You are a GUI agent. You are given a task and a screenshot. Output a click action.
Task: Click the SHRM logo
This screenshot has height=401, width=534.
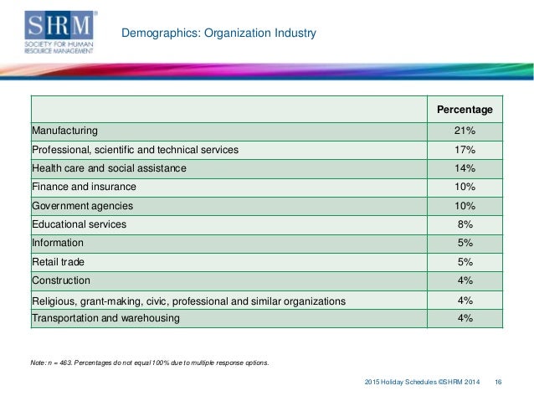pos(60,32)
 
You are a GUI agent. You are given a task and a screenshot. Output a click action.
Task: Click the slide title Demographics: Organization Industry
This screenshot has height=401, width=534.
pos(218,33)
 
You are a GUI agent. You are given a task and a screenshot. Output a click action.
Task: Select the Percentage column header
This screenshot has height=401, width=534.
pos(465,110)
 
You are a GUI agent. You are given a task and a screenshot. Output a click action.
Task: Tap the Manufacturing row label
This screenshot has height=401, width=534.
pos(64,131)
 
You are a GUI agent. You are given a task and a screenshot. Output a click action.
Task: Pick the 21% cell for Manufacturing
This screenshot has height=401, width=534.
pos(465,131)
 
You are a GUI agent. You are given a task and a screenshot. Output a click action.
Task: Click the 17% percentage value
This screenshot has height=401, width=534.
pos(465,150)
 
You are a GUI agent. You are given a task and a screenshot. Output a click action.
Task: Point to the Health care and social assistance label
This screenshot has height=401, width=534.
pos(109,168)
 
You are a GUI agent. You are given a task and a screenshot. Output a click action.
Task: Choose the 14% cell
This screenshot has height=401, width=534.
pos(465,168)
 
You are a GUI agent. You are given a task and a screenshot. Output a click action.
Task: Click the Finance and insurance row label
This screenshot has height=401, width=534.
pos(84,187)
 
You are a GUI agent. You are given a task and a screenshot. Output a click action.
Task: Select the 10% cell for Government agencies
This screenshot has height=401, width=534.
pos(465,206)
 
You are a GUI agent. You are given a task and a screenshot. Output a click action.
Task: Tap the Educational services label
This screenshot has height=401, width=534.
pos(79,224)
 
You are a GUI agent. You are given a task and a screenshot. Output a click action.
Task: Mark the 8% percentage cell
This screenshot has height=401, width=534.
pos(465,224)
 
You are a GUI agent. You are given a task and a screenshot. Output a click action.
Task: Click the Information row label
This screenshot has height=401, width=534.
pos(58,243)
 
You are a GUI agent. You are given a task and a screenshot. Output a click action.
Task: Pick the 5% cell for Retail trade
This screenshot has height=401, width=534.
pos(465,262)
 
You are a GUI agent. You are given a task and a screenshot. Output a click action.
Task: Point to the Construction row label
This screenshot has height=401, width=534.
pos(61,280)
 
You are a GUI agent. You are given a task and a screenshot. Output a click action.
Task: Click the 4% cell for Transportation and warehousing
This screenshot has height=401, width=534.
pos(465,318)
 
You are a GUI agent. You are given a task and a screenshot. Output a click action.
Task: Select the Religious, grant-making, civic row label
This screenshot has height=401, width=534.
pos(188,301)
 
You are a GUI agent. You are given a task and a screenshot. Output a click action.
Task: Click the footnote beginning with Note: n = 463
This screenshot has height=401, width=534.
pos(150,362)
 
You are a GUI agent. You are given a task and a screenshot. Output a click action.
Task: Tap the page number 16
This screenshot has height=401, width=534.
pos(498,382)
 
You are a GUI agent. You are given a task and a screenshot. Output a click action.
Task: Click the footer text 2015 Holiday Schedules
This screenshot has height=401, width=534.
pos(400,382)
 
